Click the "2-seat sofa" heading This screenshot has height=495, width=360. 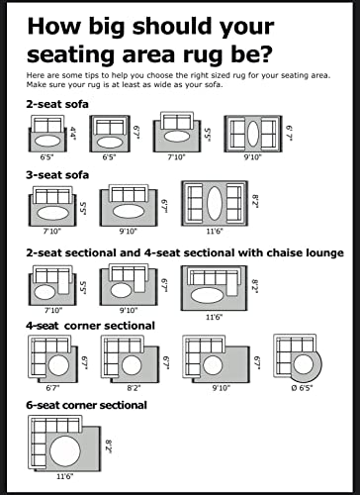pos(57,104)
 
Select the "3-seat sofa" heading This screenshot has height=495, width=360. pos(57,175)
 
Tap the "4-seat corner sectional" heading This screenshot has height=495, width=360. pos(90,326)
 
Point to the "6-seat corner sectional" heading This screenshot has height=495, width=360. pos(87,405)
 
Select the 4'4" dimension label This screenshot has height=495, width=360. pos(73,134)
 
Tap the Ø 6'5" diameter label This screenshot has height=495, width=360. pos(302,388)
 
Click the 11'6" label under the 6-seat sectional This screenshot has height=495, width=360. pos(65,476)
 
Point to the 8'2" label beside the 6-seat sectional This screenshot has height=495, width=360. pos(109,446)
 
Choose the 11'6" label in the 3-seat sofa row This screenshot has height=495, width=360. pos(215,231)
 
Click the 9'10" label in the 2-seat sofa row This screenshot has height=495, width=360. pos(252,157)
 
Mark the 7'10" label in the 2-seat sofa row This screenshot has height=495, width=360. pos(177,157)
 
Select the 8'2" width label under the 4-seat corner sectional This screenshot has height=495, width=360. pos(134,388)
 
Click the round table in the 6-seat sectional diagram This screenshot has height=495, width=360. pos(65,451)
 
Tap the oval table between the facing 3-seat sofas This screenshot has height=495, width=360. pos(215,203)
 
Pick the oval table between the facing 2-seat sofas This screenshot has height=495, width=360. pos(253,134)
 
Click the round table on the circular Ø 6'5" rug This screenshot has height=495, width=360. pos(303,364)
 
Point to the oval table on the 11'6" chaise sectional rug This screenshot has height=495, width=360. pos(208,295)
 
